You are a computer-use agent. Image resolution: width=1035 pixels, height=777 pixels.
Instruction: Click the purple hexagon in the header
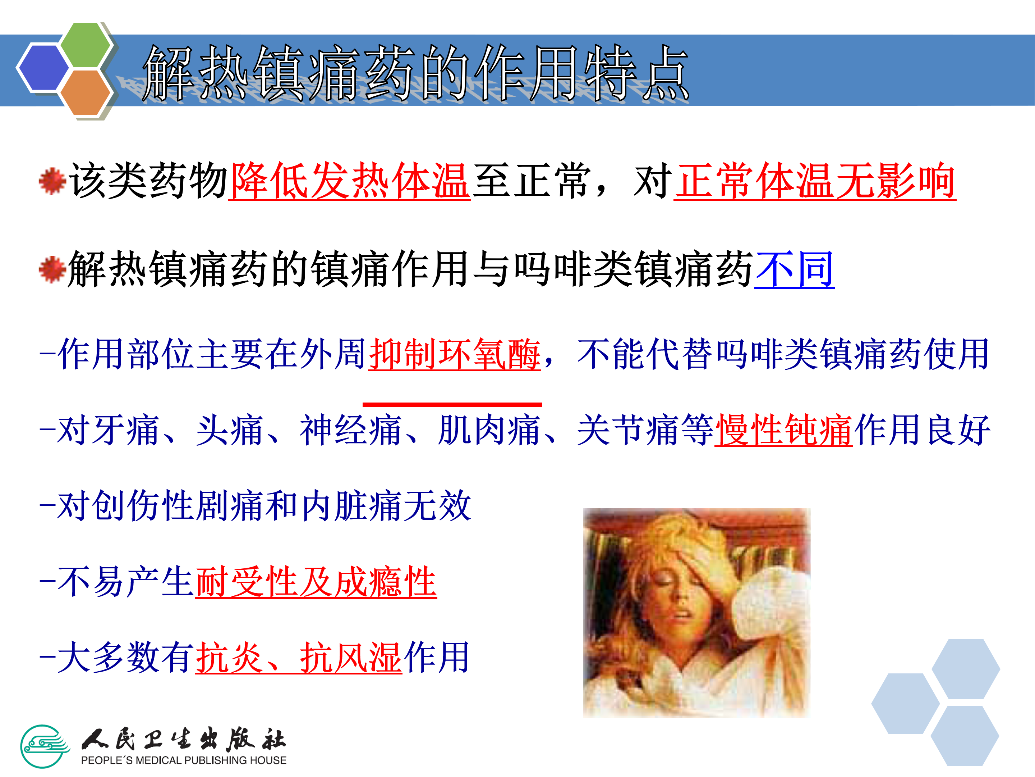43,67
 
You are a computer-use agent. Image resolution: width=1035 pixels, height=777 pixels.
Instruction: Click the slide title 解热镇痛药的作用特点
415,73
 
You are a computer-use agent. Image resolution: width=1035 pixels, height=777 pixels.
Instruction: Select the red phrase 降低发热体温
350,181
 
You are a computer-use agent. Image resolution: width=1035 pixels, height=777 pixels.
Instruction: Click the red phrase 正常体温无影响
815,181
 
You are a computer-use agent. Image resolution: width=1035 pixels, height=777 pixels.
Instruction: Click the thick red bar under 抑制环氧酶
452,404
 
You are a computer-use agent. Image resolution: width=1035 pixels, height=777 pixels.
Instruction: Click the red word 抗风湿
350,657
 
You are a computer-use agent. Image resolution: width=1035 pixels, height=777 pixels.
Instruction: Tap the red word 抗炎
229,657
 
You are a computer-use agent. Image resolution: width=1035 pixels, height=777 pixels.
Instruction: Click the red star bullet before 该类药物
52,181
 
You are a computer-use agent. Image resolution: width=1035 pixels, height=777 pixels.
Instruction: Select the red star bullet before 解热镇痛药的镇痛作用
52,269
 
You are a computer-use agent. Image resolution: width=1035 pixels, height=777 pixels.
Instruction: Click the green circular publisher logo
45,746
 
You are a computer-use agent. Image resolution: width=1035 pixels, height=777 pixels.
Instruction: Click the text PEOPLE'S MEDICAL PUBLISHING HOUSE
183,760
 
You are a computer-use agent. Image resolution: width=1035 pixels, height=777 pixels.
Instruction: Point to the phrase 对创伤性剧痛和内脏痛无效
256,505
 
